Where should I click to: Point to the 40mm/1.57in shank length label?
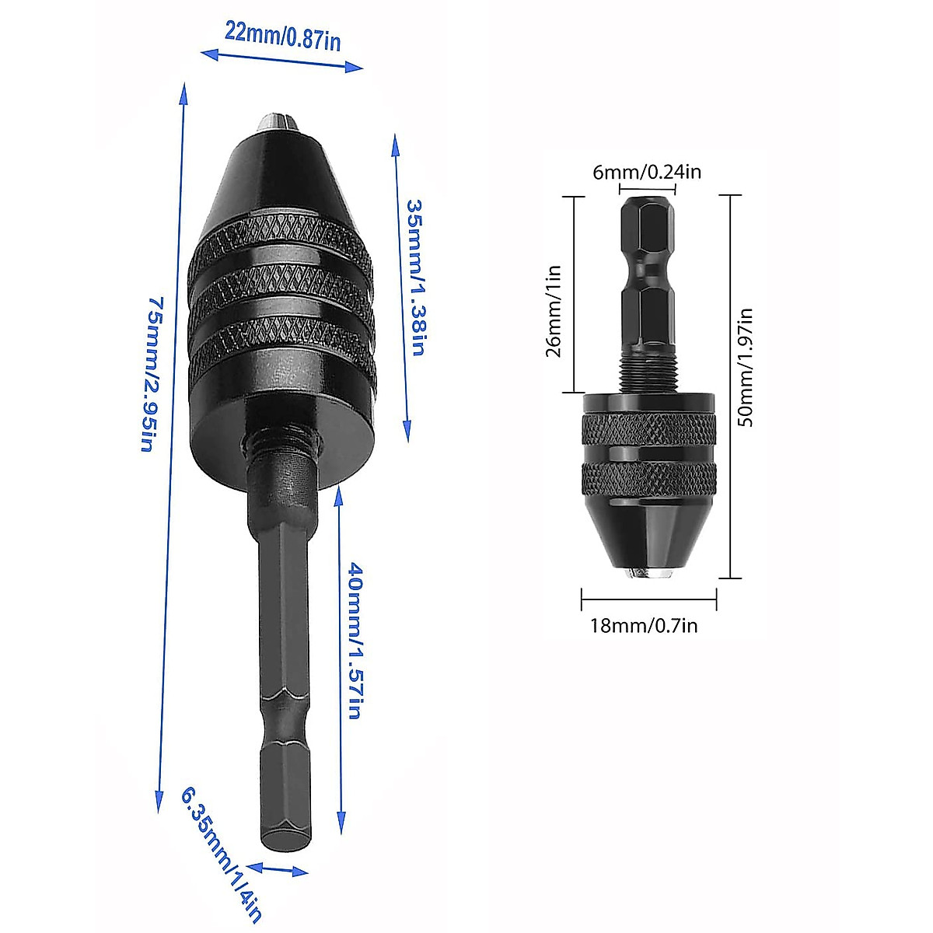pyautogui.click(x=353, y=641)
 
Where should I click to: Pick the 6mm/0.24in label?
pyautogui.click(x=647, y=172)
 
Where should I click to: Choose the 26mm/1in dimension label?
pyautogui.click(x=554, y=311)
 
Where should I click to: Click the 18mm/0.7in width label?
pyautogui.click(x=644, y=624)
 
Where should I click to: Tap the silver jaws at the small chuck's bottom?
pyautogui.click(x=648, y=573)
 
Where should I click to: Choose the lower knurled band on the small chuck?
pyautogui.click(x=648, y=477)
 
